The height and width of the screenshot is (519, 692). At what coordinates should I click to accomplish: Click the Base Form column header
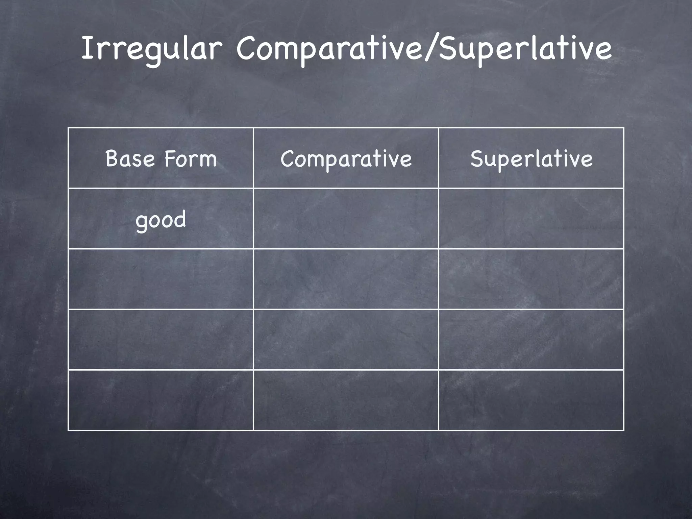tap(161, 158)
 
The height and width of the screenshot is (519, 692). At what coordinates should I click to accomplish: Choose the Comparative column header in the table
tap(346, 158)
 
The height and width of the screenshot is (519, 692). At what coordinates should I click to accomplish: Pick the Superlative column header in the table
tap(531, 158)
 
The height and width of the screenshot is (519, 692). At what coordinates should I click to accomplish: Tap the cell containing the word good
tap(161, 219)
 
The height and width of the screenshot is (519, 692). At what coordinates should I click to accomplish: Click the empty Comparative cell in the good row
tap(346, 219)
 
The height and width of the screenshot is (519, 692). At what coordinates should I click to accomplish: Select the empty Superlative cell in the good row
tap(531, 219)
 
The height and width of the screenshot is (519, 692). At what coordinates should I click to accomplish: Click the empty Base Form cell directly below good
tap(161, 279)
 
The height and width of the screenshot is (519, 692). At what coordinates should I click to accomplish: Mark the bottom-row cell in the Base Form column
tap(161, 400)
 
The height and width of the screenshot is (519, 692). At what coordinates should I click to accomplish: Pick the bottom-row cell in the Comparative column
tap(346, 400)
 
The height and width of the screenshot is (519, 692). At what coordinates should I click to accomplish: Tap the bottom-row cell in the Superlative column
tap(531, 400)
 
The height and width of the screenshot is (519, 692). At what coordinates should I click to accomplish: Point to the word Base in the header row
tap(130, 158)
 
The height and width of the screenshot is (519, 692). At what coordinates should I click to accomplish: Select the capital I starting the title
tap(87, 48)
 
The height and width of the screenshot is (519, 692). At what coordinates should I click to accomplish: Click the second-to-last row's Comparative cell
tap(346, 340)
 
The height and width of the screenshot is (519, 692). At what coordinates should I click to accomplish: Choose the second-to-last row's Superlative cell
tap(531, 340)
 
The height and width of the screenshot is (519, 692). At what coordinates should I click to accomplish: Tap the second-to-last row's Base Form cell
tap(161, 340)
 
